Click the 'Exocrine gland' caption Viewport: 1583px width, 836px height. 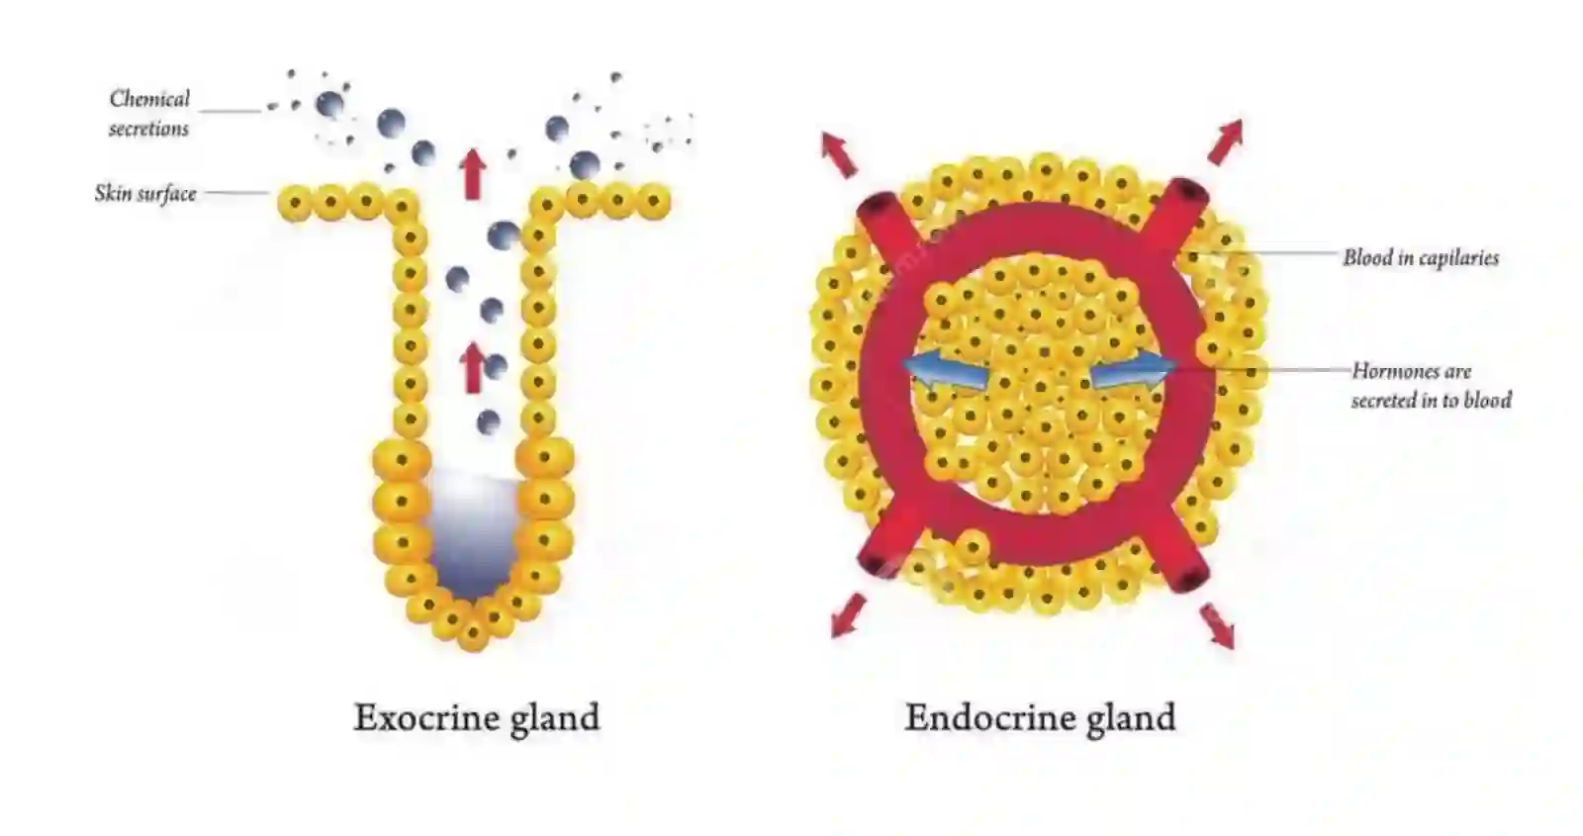click(x=476, y=718)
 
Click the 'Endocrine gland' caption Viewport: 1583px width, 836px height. click(x=1040, y=718)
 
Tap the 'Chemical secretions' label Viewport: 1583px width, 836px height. click(x=149, y=113)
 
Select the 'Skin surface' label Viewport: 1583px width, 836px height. click(x=145, y=193)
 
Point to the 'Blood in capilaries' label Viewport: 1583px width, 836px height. click(x=1421, y=258)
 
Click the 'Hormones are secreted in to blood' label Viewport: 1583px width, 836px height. click(x=1431, y=386)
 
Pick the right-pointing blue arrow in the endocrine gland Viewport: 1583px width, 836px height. click(x=1134, y=371)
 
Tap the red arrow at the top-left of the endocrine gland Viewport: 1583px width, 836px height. click(x=838, y=153)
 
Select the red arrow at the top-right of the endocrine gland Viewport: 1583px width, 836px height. click(x=1225, y=142)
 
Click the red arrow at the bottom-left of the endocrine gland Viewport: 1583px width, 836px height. click(x=848, y=614)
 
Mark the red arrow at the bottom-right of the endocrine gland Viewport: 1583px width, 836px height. click(x=1217, y=626)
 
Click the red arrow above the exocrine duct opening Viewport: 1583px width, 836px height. click(x=473, y=174)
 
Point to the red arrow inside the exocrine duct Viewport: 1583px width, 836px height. click(x=473, y=367)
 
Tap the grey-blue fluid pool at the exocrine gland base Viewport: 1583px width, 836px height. click(x=471, y=534)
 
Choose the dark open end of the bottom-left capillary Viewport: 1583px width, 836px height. click(x=872, y=564)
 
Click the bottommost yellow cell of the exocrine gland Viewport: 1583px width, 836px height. click(x=473, y=634)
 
